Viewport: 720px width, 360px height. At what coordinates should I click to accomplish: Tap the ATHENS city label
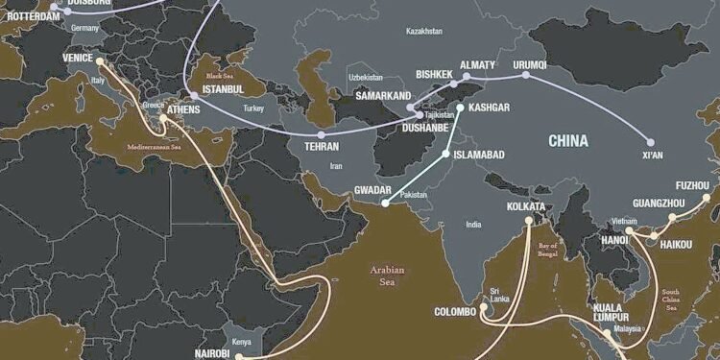pos(184,110)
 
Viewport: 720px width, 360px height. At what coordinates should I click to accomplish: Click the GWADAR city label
pos(372,189)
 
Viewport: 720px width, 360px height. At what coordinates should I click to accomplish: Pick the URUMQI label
pos(529,65)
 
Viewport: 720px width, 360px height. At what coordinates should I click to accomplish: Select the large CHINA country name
pos(568,140)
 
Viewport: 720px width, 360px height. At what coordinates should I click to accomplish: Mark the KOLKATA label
pos(526,206)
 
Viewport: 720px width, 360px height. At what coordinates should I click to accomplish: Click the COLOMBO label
pos(455,312)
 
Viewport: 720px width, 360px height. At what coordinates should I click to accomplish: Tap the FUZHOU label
pos(692,185)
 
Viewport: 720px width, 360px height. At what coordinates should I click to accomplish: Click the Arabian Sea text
pos(387,276)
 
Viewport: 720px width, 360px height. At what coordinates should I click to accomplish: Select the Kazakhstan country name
pos(423,32)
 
